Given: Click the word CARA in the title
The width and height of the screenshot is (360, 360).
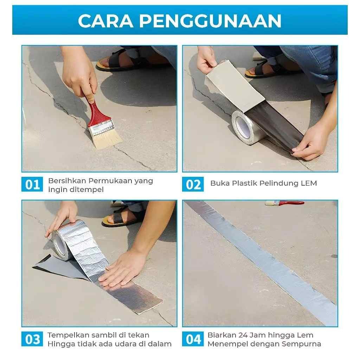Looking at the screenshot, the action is pyautogui.click(x=105, y=21).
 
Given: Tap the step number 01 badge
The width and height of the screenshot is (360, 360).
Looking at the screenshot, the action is pyautogui.click(x=32, y=184).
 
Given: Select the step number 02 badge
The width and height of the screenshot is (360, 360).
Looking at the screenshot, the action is pyautogui.click(x=193, y=184).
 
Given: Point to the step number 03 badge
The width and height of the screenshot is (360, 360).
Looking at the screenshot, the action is pyautogui.click(x=32, y=339).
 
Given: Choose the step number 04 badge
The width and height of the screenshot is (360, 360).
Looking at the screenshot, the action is pyautogui.click(x=193, y=339).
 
